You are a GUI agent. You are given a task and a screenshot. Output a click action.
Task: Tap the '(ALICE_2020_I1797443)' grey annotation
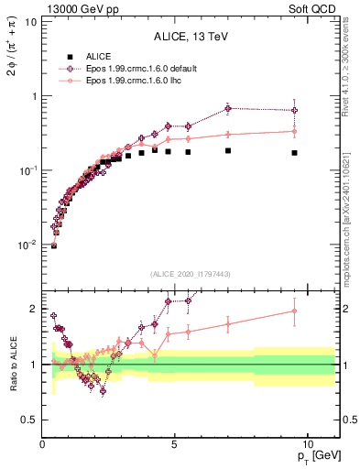pos(191,274)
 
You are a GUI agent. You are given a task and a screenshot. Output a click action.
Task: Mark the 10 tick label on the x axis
pos(307,443)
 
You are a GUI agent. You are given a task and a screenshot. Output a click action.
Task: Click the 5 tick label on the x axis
pos(174,443)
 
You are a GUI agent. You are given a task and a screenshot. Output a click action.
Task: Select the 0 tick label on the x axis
pos(42,443)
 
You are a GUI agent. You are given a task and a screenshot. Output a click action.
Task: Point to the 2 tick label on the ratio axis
pos(32,309)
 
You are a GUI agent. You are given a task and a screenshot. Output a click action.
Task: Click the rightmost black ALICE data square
pos(294,153)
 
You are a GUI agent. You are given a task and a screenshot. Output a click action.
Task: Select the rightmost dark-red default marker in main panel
pos(294,110)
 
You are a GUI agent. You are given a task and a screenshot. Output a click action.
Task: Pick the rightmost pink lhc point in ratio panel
pos(294,311)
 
